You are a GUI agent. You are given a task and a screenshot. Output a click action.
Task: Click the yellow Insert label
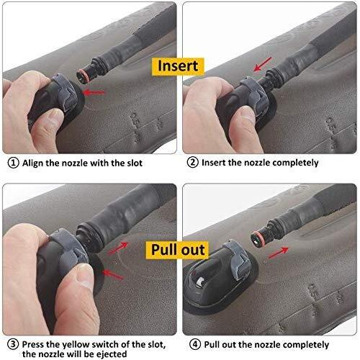click(178, 66)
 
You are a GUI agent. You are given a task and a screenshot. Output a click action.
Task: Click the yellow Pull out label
click(178, 250)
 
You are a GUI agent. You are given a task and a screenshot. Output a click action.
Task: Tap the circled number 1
click(13, 163)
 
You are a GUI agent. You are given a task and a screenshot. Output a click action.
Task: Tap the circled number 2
click(193, 163)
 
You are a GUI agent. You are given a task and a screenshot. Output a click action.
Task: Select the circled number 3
click(13, 344)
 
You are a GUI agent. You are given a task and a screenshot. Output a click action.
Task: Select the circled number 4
click(195, 345)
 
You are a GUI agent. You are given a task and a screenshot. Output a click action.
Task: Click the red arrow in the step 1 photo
click(94, 92)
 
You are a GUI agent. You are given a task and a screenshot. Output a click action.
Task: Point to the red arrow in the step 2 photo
click(263, 64)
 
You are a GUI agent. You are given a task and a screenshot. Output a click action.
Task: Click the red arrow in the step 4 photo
click(278, 253)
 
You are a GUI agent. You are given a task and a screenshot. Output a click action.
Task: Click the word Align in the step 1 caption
click(33, 163)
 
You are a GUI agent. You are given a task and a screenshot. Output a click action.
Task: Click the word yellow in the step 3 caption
click(76, 345)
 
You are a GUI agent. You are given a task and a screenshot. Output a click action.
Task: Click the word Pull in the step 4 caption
click(212, 345)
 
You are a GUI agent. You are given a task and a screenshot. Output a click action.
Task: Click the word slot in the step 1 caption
click(135, 163)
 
